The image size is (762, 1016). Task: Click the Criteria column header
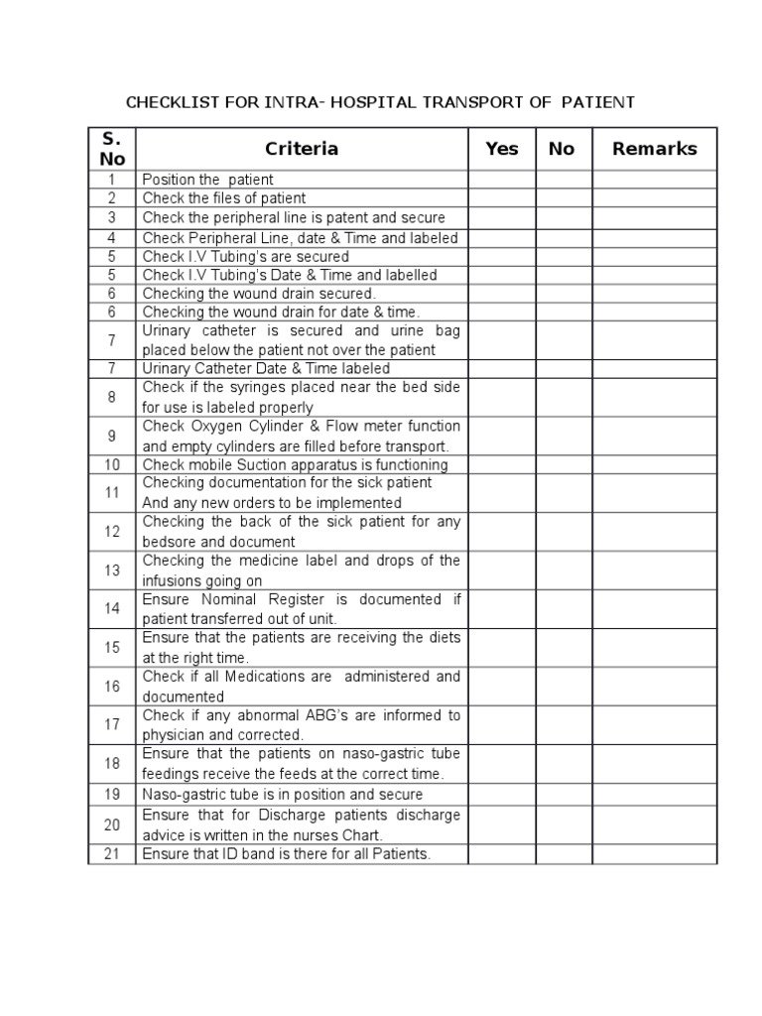pyautogui.click(x=302, y=149)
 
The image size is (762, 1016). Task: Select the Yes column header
pyautogui.click(x=502, y=149)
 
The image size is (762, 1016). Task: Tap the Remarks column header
pyautogui.click(x=654, y=149)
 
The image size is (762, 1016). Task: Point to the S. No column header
pyautogui.click(x=112, y=149)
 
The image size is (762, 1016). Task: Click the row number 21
pyautogui.click(x=112, y=854)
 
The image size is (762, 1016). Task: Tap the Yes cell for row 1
pyautogui.click(x=502, y=180)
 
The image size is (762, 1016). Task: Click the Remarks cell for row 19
pyautogui.click(x=654, y=795)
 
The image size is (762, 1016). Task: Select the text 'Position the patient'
pyautogui.click(x=208, y=180)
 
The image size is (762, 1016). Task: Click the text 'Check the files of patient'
pyautogui.click(x=224, y=198)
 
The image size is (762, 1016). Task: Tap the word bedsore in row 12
pyautogui.click(x=169, y=542)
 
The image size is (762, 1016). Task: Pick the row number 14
pyautogui.click(x=112, y=608)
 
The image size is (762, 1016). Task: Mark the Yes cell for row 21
pyautogui.click(x=502, y=854)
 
